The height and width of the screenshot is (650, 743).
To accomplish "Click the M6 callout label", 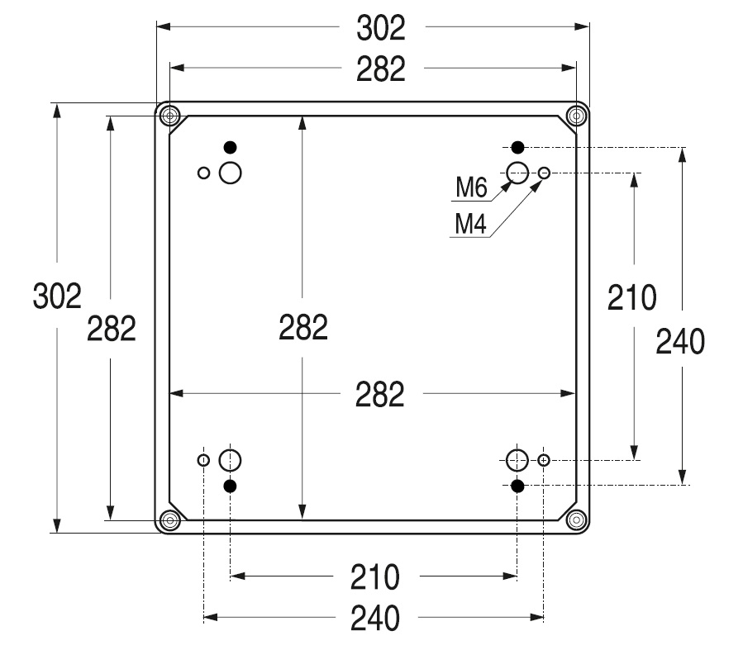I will (x=472, y=188).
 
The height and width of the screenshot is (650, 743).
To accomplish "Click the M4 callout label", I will (x=471, y=224).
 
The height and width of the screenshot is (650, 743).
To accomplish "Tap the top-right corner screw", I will (x=576, y=115).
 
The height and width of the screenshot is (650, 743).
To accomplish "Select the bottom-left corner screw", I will (x=169, y=520).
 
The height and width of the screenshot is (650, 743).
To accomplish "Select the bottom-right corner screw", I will (x=576, y=520).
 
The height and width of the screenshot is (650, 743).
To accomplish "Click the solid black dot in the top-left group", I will (x=231, y=148).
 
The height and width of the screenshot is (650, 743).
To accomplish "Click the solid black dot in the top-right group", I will (x=517, y=148).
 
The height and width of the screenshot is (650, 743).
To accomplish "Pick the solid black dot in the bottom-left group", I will (x=231, y=486).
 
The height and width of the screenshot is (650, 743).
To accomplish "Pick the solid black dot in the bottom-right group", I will (x=517, y=486).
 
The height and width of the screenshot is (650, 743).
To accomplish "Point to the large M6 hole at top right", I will (x=518, y=173).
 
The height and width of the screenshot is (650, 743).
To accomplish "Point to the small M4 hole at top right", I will (x=544, y=173).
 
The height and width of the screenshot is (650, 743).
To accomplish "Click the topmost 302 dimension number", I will (x=381, y=29).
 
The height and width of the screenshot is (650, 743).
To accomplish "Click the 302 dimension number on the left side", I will (x=57, y=296).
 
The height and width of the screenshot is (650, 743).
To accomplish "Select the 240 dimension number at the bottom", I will (x=374, y=618).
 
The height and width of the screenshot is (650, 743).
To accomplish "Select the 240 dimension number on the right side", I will (x=680, y=341).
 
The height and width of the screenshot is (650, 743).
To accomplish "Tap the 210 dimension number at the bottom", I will (x=374, y=576).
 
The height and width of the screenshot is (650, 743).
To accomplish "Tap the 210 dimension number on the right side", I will (x=632, y=297).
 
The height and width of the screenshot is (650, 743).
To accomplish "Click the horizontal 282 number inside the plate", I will (x=381, y=395).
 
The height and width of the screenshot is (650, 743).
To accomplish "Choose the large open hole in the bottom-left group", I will (x=231, y=460).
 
